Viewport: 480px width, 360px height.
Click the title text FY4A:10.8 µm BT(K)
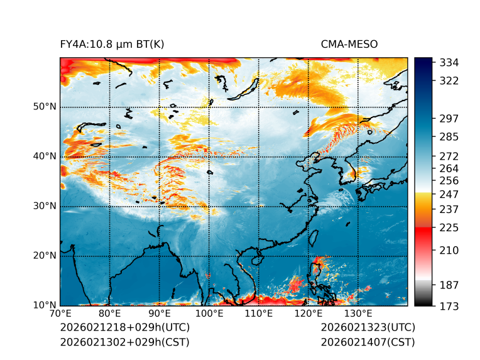[x=112, y=44]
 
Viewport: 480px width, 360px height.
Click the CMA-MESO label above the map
[x=349, y=44]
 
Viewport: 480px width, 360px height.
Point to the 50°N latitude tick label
[x=45, y=107]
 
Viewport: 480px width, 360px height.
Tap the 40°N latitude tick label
[x=45, y=156]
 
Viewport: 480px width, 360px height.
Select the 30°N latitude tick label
[x=45, y=206]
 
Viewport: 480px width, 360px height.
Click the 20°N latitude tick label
[x=45, y=256]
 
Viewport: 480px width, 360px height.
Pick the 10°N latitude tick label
[x=45, y=305]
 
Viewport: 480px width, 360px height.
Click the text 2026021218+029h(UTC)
[x=124, y=328]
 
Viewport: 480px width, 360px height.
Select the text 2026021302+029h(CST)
[x=124, y=342]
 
